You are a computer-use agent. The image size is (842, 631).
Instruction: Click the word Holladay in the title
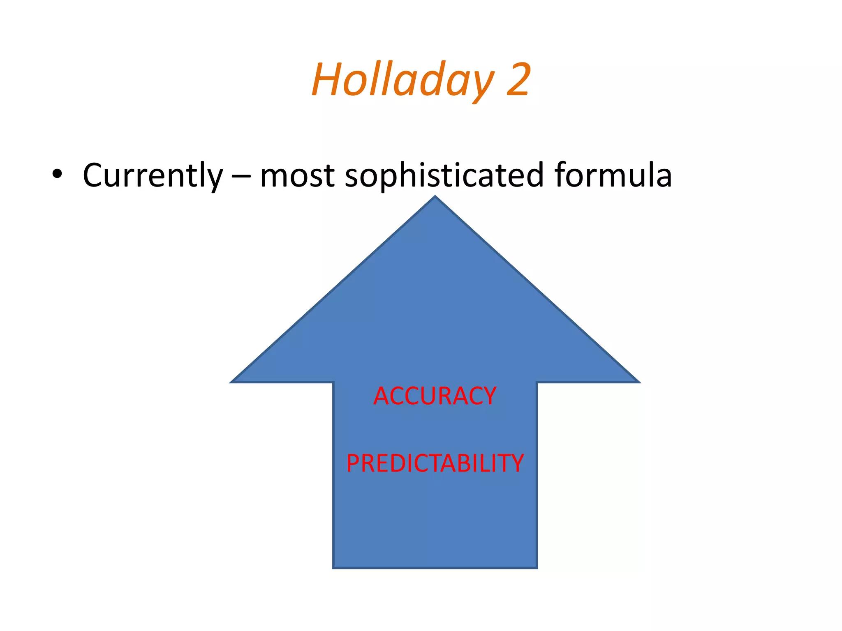coord(403,80)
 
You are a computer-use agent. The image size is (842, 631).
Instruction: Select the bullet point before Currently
coord(57,174)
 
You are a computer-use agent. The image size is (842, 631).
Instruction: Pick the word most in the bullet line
coord(297,176)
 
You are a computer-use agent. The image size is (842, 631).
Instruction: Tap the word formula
coord(613,175)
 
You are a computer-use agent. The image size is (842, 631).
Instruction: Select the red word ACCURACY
coord(435,396)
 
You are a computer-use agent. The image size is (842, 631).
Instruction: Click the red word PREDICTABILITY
coord(435,463)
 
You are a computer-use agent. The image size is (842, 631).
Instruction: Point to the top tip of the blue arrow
coord(435,197)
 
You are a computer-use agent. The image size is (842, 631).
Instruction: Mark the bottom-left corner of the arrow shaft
coord(334,567)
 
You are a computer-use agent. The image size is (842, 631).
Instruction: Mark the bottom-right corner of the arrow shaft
coord(537,567)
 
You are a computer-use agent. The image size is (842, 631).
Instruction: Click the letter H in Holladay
coord(327,79)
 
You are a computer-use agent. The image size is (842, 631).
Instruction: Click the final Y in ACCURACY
coord(488,396)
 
